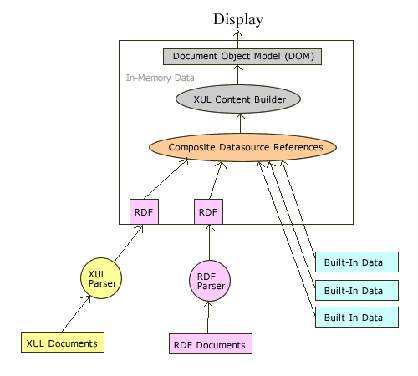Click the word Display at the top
[x=237, y=19]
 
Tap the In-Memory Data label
[x=161, y=78]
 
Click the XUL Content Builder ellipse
[x=237, y=99]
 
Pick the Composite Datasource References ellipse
[x=242, y=147]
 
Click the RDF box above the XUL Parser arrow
[x=144, y=212]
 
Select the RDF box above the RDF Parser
[x=207, y=212]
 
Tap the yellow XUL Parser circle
[x=104, y=277]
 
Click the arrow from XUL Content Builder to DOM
[x=237, y=75]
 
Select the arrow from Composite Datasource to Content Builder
[x=241, y=123]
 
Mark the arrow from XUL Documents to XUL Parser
[x=77, y=313]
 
